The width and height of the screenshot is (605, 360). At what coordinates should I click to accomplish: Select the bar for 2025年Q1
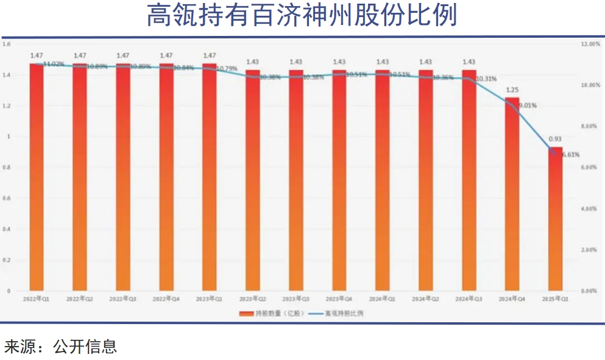tap(555, 219)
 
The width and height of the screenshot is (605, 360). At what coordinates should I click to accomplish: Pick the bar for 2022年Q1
tap(37, 177)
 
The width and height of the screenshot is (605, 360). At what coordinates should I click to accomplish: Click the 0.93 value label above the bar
tap(555, 139)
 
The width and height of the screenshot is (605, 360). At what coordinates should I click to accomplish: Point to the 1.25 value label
tap(512, 90)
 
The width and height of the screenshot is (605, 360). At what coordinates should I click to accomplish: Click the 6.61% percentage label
tap(570, 155)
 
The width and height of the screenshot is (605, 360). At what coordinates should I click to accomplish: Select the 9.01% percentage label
tap(528, 105)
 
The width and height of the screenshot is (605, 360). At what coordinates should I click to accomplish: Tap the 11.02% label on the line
tap(54, 64)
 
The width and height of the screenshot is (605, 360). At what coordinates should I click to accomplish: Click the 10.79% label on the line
tap(227, 68)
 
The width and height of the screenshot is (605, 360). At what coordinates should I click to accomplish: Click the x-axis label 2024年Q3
tap(469, 299)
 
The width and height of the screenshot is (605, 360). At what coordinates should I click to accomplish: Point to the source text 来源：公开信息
tap(60, 347)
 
